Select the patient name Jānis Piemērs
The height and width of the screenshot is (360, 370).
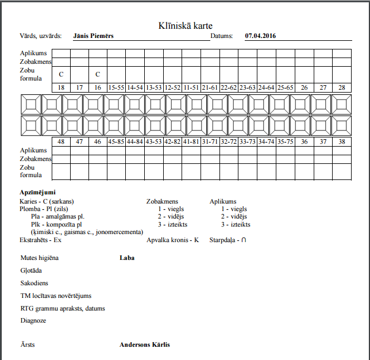94,36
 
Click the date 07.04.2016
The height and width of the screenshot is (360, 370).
260,36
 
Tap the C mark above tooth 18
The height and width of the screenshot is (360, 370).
61,74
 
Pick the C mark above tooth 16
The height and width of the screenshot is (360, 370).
98,74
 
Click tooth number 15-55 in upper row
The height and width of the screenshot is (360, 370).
116,87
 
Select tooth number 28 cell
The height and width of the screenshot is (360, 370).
341,87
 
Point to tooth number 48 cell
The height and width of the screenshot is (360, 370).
61,141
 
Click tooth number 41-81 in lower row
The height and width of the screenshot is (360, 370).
191,141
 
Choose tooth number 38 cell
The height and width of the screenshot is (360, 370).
341,141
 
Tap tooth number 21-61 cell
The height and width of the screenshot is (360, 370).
210,87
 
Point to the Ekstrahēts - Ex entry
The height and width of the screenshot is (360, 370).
41,239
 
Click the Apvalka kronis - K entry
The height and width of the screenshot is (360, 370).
172,239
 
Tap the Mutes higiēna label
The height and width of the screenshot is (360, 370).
40,258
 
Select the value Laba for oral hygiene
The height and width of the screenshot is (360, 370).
127,258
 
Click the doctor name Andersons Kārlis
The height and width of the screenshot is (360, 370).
145,345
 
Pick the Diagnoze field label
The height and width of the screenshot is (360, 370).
33,320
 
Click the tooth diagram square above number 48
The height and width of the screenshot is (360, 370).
52,126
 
